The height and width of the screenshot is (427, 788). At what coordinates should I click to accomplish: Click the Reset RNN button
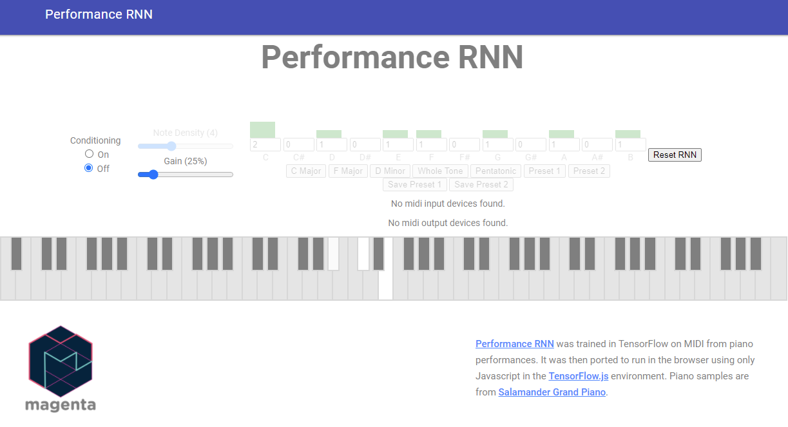(675, 155)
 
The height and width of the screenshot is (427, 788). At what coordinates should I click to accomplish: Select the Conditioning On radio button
(90, 154)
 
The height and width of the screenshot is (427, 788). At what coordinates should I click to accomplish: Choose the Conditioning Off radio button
(90, 168)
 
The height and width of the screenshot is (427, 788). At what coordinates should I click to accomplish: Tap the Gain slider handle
(153, 174)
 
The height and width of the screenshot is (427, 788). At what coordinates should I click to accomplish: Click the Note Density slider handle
(171, 146)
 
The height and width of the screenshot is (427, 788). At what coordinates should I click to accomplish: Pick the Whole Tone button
(440, 171)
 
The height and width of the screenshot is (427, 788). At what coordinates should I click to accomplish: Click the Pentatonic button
(496, 171)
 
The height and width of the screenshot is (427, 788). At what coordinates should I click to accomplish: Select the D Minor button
(390, 171)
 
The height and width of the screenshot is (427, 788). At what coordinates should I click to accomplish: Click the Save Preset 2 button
(481, 184)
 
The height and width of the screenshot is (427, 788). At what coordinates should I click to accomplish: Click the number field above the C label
(265, 145)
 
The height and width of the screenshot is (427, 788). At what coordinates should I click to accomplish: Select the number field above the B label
(630, 145)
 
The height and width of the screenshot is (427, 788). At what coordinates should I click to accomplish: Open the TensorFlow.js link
(578, 376)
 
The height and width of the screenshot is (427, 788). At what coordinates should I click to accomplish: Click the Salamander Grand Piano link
(552, 392)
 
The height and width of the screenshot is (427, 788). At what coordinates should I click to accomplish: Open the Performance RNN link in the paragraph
(514, 344)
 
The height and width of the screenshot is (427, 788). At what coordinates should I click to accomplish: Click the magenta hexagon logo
(61, 361)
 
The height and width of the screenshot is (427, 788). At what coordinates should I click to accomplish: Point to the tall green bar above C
(262, 129)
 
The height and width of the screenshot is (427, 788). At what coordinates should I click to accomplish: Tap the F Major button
(348, 171)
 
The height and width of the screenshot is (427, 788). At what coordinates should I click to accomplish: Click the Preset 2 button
(589, 171)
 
